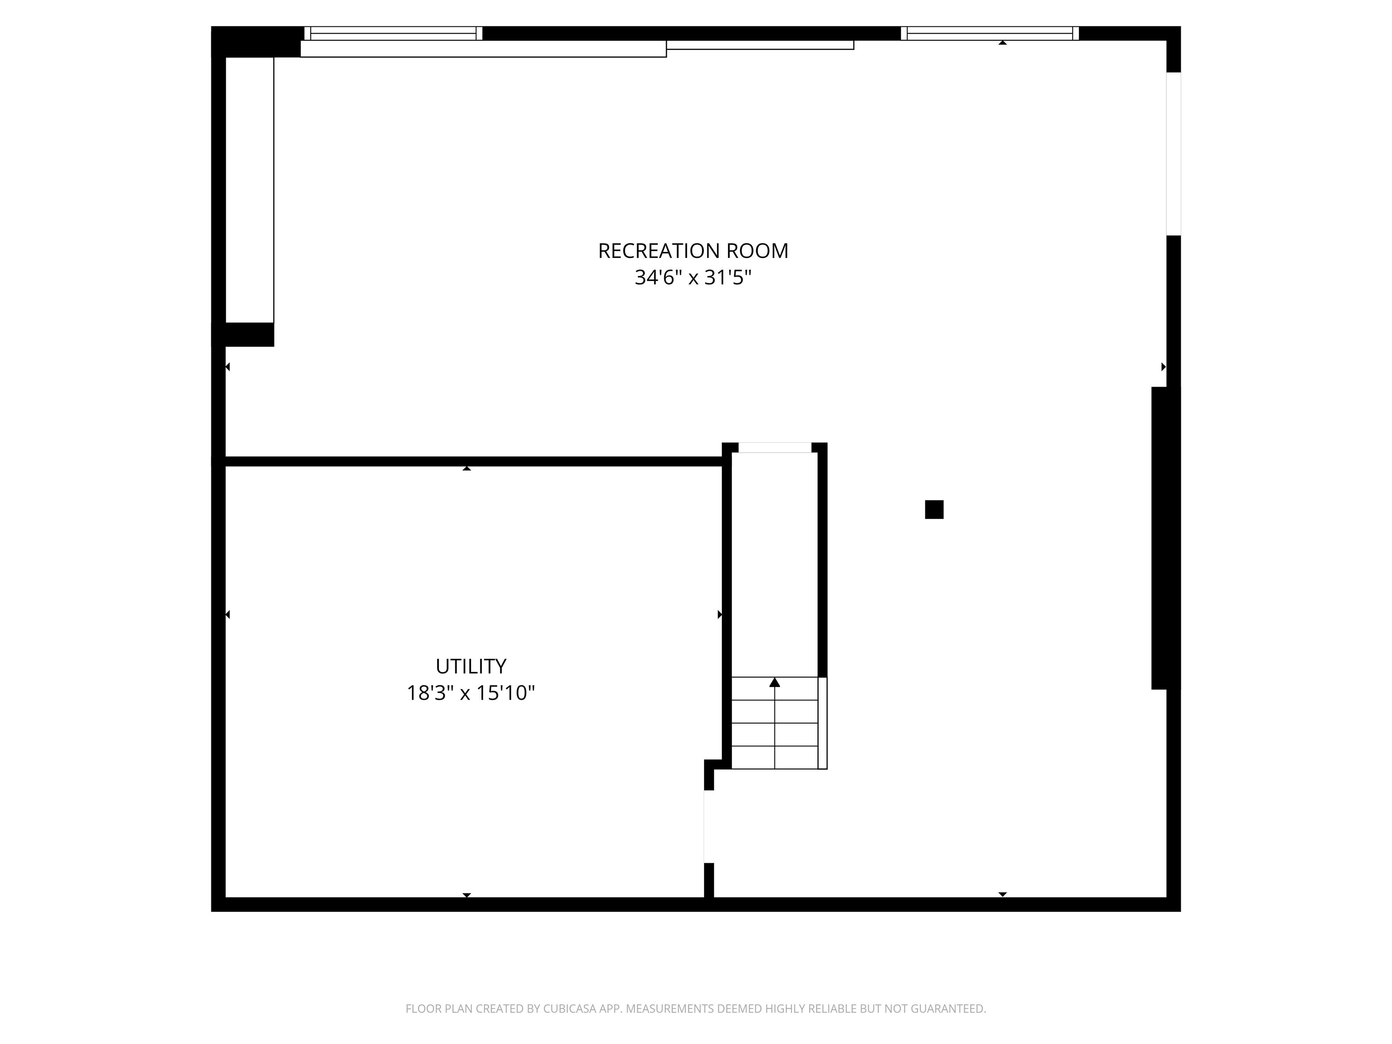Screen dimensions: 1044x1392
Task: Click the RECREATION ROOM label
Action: (x=692, y=251)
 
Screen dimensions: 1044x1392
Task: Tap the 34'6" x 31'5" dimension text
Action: (x=692, y=277)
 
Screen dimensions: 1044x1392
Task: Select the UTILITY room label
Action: (x=471, y=666)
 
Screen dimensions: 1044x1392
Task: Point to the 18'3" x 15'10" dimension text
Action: (x=471, y=693)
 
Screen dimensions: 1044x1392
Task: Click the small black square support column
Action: (x=934, y=510)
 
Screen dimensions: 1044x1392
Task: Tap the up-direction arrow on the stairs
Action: (x=775, y=683)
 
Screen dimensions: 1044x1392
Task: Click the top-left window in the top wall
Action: (x=393, y=34)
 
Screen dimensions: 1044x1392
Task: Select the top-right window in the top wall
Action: (x=990, y=34)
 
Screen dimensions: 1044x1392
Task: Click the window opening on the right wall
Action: (x=1174, y=154)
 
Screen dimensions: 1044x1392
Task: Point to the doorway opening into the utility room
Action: (x=709, y=826)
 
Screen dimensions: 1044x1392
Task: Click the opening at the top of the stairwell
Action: (x=775, y=447)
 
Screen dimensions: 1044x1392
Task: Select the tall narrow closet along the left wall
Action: (x=250, y=189)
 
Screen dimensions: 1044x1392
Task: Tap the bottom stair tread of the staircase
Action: (x=775, y=758)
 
